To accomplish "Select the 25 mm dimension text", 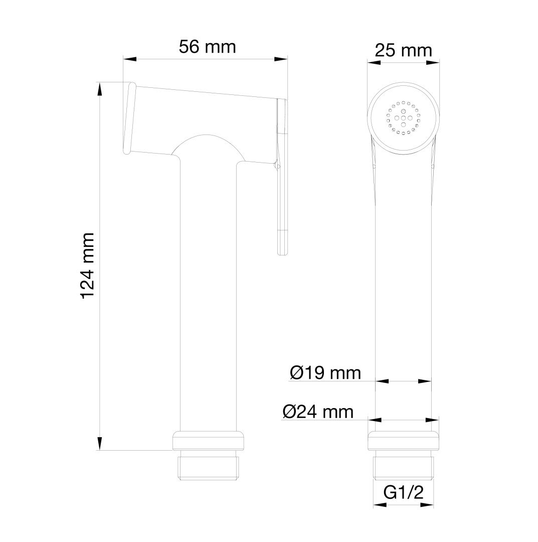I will [403, 50].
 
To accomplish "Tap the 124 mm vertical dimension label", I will [88, 265].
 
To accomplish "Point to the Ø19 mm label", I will [325, 372].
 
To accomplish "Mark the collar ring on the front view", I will [404, 440].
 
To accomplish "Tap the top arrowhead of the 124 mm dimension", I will [100, 88].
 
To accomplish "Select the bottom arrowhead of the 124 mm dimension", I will [100, 444].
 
